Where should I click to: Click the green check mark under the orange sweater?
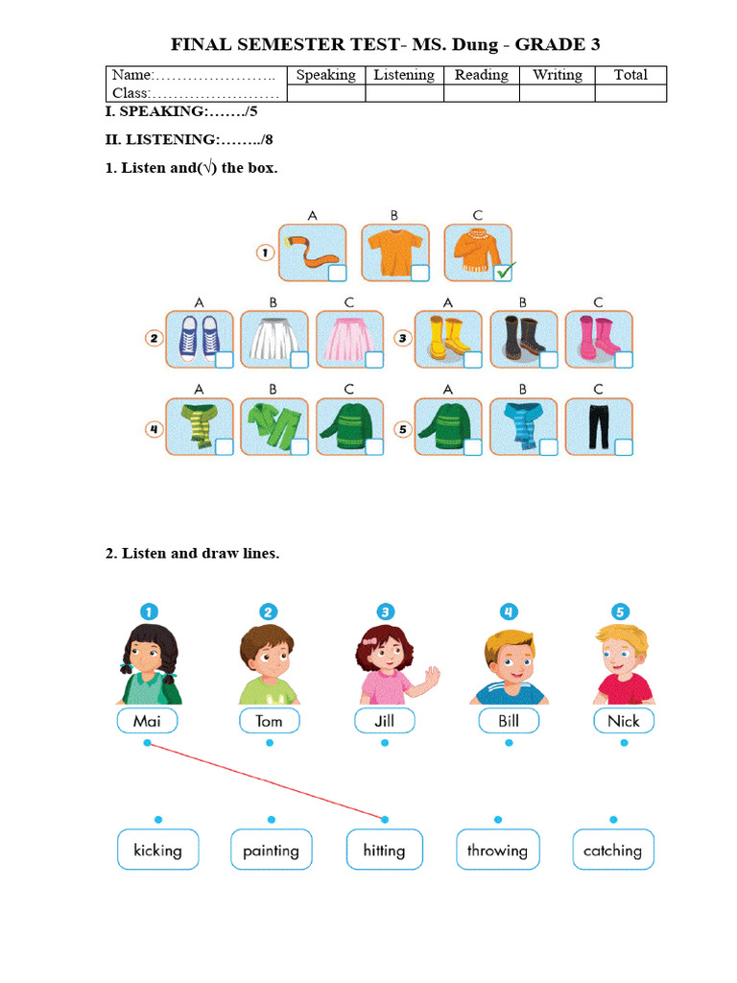[x=505, y=272]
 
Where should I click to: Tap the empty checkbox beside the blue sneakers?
[x=225, y=360]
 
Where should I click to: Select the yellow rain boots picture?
[x=448, y=339]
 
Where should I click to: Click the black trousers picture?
[x=599, y=426]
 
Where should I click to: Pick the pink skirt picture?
[x=349, y=339]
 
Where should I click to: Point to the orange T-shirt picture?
[x=395, y=252]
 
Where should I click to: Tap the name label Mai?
[x=147, y=721]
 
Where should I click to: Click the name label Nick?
[x=624, y=721]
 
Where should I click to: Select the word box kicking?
[x=158, y=851]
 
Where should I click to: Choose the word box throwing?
[x=498, y=851]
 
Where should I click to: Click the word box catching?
[x=613, y=851]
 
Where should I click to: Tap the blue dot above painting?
[x=272, y=820]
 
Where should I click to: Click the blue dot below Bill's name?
[x=509, y=743]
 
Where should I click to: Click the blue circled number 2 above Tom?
[x=269, y=611]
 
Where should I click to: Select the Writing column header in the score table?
[x=558, y=75]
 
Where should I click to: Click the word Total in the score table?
[x=630, y=75]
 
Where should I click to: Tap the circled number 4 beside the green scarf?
[x=154, y=429]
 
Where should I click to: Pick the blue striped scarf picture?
[x=523, y=426]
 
